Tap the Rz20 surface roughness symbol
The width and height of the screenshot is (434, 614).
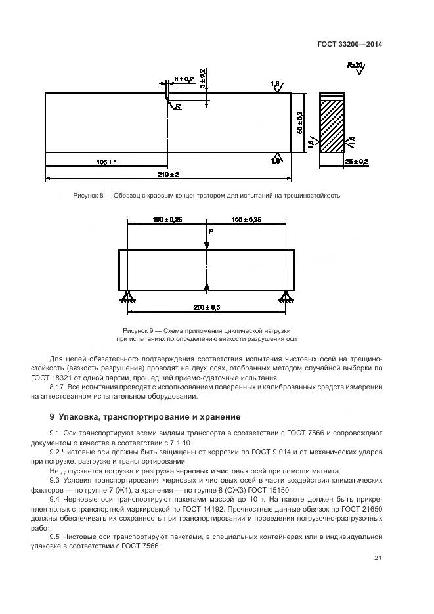click(x=355, y=66)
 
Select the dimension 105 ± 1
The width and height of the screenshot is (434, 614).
click(x=106, y=162)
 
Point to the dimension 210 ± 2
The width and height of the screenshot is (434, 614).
click(x=169, y=174)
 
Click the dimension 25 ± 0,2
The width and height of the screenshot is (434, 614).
click(x=357, y=162)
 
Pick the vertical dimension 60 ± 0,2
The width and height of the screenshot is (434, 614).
click(x=299, y=123)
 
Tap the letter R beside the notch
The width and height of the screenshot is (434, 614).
click(x=177, y=106)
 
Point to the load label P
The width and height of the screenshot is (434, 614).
click(x=211, y=232)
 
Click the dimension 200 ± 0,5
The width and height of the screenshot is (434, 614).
click(x=207, y=307)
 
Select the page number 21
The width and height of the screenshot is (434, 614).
click(x=378, y=558)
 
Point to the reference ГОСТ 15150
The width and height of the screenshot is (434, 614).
click(x=278, y=490)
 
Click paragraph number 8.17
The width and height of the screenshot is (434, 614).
click(x=58, y=388)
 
